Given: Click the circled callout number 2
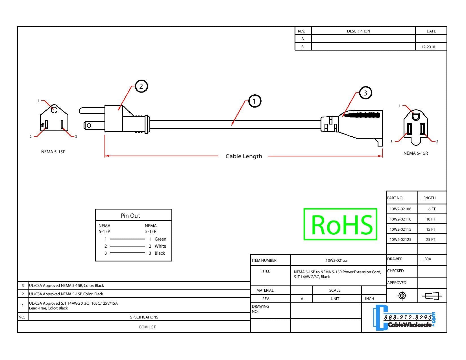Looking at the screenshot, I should coord(141,86).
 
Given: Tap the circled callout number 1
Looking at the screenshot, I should coord(254,101).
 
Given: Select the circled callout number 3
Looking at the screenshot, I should coord(365,93).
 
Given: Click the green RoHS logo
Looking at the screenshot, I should coord(341,224).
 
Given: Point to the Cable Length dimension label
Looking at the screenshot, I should coord(244,156).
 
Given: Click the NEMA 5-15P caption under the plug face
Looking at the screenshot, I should coord(53,152).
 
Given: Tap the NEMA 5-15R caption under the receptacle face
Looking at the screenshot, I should coord(415,153).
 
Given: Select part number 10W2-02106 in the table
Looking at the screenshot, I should coord(400,209).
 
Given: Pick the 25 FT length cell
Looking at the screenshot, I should coord(431,240).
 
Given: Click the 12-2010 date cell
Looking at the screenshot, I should coord(428,47).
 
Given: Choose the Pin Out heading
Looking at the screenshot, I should coord(130,216).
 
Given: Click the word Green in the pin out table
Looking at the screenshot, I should coord(160,239).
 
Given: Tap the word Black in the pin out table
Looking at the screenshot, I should coord(160,253).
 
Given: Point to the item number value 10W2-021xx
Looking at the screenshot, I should coord(336,260).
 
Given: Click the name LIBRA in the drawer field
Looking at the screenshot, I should coord(426,259).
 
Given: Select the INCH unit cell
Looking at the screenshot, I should coord(369,299).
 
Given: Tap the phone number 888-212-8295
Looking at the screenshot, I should coord(408,317).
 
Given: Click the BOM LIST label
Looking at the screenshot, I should coord(147,327).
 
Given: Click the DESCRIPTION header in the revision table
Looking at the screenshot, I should coord(358,31).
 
